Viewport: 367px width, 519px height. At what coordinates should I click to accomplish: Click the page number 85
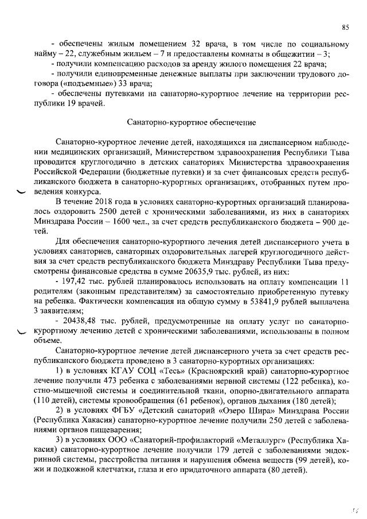coord(345,27)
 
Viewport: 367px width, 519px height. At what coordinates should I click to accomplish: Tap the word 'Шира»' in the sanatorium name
coord(259,411)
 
